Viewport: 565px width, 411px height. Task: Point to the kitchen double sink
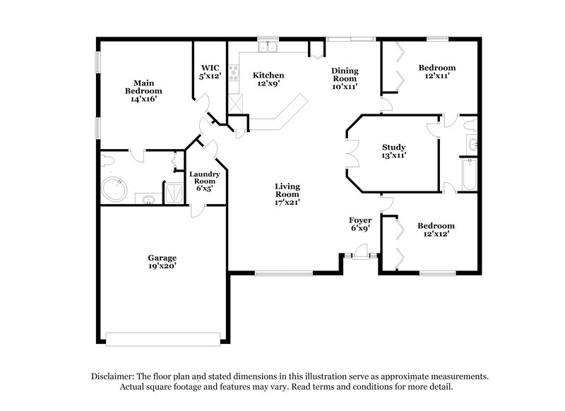(268, 47)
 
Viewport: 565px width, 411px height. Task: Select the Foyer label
(361, 220)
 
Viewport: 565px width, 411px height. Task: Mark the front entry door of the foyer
(361, 251)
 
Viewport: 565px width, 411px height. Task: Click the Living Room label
(287, 190)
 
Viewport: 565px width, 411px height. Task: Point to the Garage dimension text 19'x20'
(162, 266)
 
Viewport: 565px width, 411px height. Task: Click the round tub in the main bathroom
(114, 189)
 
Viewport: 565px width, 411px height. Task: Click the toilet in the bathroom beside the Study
(472, 127)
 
